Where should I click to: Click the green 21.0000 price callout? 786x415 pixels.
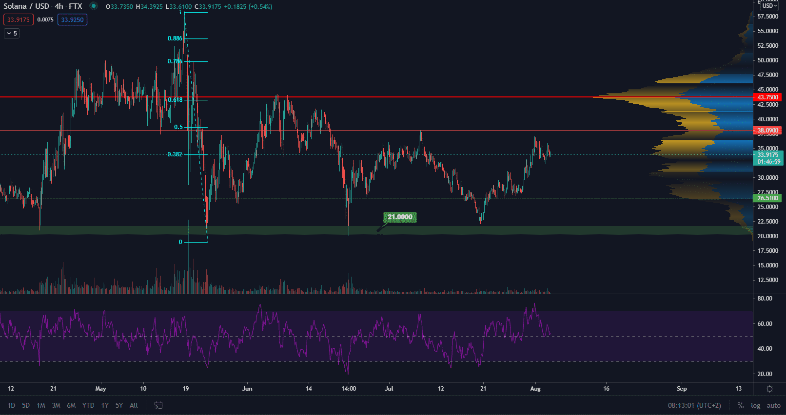click(x=400, y=217)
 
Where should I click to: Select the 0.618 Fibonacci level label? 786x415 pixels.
click(x=175, y=100)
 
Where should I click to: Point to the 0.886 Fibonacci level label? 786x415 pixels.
click(x=175, y=38)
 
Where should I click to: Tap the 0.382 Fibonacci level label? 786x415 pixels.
click(x=175, y=154)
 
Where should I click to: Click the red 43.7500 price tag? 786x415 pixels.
click(x=767, y=97)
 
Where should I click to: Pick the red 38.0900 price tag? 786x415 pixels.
click(x=767, y=131)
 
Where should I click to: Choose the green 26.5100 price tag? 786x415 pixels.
click(x=767, y=198)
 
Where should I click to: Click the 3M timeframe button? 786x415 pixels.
click(x=56, y=405)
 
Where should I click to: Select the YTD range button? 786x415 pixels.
click(x=88, y=405)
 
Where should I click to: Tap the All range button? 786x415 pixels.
click(x=134, y=405)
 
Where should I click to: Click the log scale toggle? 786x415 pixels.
click(x=755, y=405)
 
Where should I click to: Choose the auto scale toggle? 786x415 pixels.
click(x=773, y=405)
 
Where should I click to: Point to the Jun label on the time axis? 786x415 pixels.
click(x=247, y=389)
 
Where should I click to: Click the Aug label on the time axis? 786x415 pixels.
click(x=535, y=389)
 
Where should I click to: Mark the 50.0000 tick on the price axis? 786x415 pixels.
click(x=767, y=60)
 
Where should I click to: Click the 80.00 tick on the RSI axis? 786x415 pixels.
click(x=765, y=299)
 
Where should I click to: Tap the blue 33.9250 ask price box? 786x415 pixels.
click(x=72, y=20)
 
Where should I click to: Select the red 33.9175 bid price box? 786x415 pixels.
click(x=19, y=20)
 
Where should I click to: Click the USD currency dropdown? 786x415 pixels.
click(x=769, y=6)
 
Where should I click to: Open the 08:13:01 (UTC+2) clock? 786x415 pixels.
click(x=694, y=405)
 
